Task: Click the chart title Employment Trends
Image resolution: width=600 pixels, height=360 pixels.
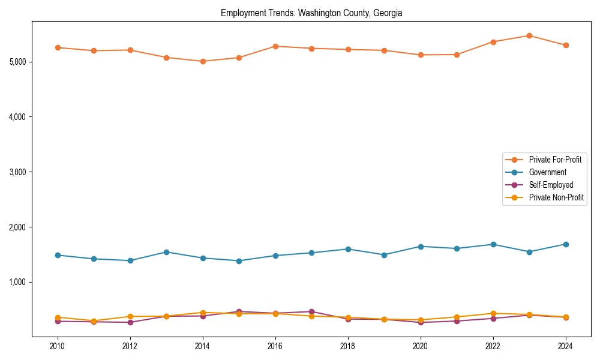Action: coord(311,13)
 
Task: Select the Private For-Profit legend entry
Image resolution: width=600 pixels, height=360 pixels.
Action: coord(555,160)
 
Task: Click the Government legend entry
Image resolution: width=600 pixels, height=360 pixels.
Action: coord(547,172)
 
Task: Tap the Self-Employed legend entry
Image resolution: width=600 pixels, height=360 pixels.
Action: coord(551,185)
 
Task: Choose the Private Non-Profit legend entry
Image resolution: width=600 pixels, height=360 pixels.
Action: coord(556,197)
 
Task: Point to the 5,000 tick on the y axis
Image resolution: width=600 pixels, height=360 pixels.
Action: coord(17,62)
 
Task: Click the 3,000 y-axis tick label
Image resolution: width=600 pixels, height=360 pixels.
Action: coord(17,172)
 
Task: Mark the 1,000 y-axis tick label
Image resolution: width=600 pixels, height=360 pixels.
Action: coord(17,282)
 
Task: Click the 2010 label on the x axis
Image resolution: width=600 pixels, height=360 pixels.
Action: coord(58,346)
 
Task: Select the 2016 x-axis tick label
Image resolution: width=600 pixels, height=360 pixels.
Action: coord(275,346)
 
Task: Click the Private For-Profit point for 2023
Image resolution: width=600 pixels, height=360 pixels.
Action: coord(529,35)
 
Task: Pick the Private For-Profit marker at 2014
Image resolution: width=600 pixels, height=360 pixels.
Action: coord(203,61)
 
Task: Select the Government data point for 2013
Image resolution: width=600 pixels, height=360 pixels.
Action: coord(166,252)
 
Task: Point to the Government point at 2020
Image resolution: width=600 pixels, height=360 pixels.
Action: coord(421,247)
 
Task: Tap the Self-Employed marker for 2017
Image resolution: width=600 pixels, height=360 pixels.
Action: coord(311,311)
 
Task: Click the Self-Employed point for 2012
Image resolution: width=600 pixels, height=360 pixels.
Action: coord(130,322)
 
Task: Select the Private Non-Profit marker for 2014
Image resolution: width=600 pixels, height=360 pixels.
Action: coord(203,313)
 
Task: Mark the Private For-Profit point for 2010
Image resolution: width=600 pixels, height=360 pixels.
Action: coord(58,47)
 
